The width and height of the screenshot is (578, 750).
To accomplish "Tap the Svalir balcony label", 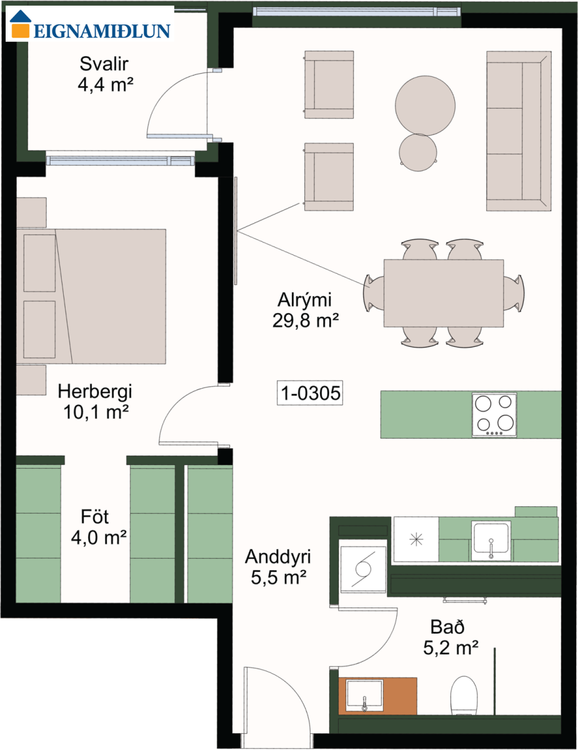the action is (x=104, y=64).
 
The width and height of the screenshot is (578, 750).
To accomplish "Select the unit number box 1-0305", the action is (x=310, y=392).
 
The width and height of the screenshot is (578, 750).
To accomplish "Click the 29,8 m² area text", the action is (x=306, y=321).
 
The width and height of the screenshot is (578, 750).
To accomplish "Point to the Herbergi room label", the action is (x=95, y=392).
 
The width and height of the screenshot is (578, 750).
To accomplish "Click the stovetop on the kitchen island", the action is (x=494, y=414).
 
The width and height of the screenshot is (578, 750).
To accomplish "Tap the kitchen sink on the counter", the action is (x=491, y=540).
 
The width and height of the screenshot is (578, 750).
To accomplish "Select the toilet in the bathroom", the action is (x=464, y=696).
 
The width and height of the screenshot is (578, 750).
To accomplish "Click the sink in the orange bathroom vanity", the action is (x=364, y=695).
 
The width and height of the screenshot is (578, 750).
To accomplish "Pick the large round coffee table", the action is (x=425, y=106).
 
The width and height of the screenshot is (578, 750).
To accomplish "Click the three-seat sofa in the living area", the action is (x=519, y=131).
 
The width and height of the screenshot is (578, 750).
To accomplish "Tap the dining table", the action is (x=444, y=293).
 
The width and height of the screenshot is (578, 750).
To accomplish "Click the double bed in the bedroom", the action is (x=91, y=296).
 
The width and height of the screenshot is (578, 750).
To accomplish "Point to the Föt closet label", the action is (x=94, y=517).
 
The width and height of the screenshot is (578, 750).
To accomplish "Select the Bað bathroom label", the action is (x=447, y=626).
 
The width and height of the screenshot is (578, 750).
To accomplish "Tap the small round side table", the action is (x=418, y=152).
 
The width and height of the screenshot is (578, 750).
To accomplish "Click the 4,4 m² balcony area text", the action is (x=105, y=84).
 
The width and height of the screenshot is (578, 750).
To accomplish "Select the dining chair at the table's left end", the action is (x=374, y=293).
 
